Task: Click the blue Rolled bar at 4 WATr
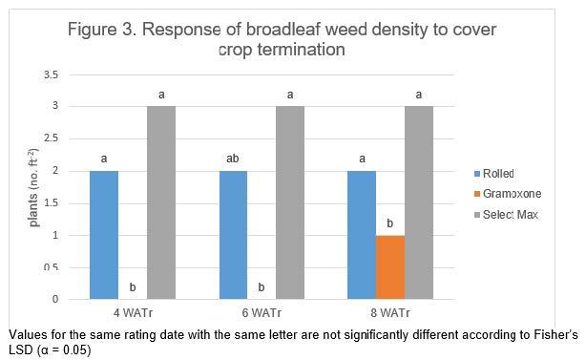click(x=104, y=235)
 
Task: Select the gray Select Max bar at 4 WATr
click(x=161, y=202)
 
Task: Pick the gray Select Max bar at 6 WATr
click(x=289, y=202)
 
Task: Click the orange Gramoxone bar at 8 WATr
click(x=389, y=267)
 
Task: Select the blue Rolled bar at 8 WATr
click(x=361, y=235)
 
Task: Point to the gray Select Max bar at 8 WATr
click(x=418, y=202)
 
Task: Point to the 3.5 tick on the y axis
click(x=51, y=74)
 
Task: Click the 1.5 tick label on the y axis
click(x=51, y=203)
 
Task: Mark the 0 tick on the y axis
click(x=54, y=300)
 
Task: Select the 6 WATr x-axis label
click(x=261, y=313)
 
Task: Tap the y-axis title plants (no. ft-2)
click(x=33, y=187)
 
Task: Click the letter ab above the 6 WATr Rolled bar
click(x=232, y=159)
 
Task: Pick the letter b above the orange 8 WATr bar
click(x=389, y=223)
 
